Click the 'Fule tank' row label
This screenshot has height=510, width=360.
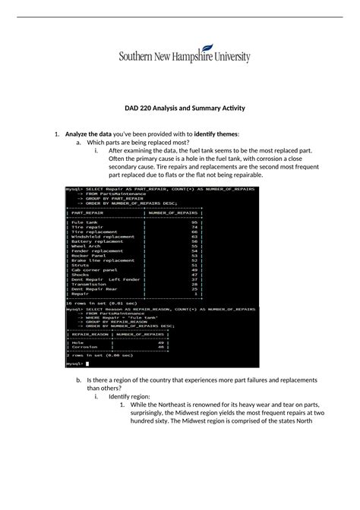(84, 222)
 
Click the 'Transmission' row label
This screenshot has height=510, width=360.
(89, 284)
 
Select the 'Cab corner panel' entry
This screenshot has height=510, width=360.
(94, 269)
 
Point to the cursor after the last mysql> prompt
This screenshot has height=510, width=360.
(87, 364)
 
